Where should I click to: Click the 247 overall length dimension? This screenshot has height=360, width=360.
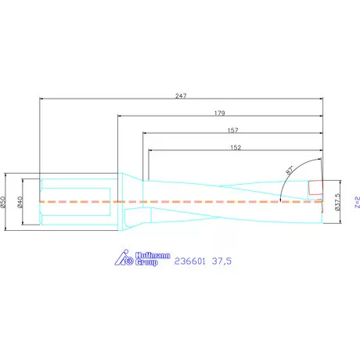(x=181, y=95)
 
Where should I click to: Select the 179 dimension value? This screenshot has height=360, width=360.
(x=220, y=113)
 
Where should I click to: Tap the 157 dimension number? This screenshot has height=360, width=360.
(x=232, y=130)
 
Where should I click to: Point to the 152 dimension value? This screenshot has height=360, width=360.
(x=235, y=146)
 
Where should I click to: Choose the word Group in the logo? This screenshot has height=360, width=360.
(x=147, y=263)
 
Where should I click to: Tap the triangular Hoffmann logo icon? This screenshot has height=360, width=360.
(x=122, y=258)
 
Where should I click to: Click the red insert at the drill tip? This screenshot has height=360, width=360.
(x=315, y=189)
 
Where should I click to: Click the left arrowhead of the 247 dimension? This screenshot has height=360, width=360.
(x=41, y=99)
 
